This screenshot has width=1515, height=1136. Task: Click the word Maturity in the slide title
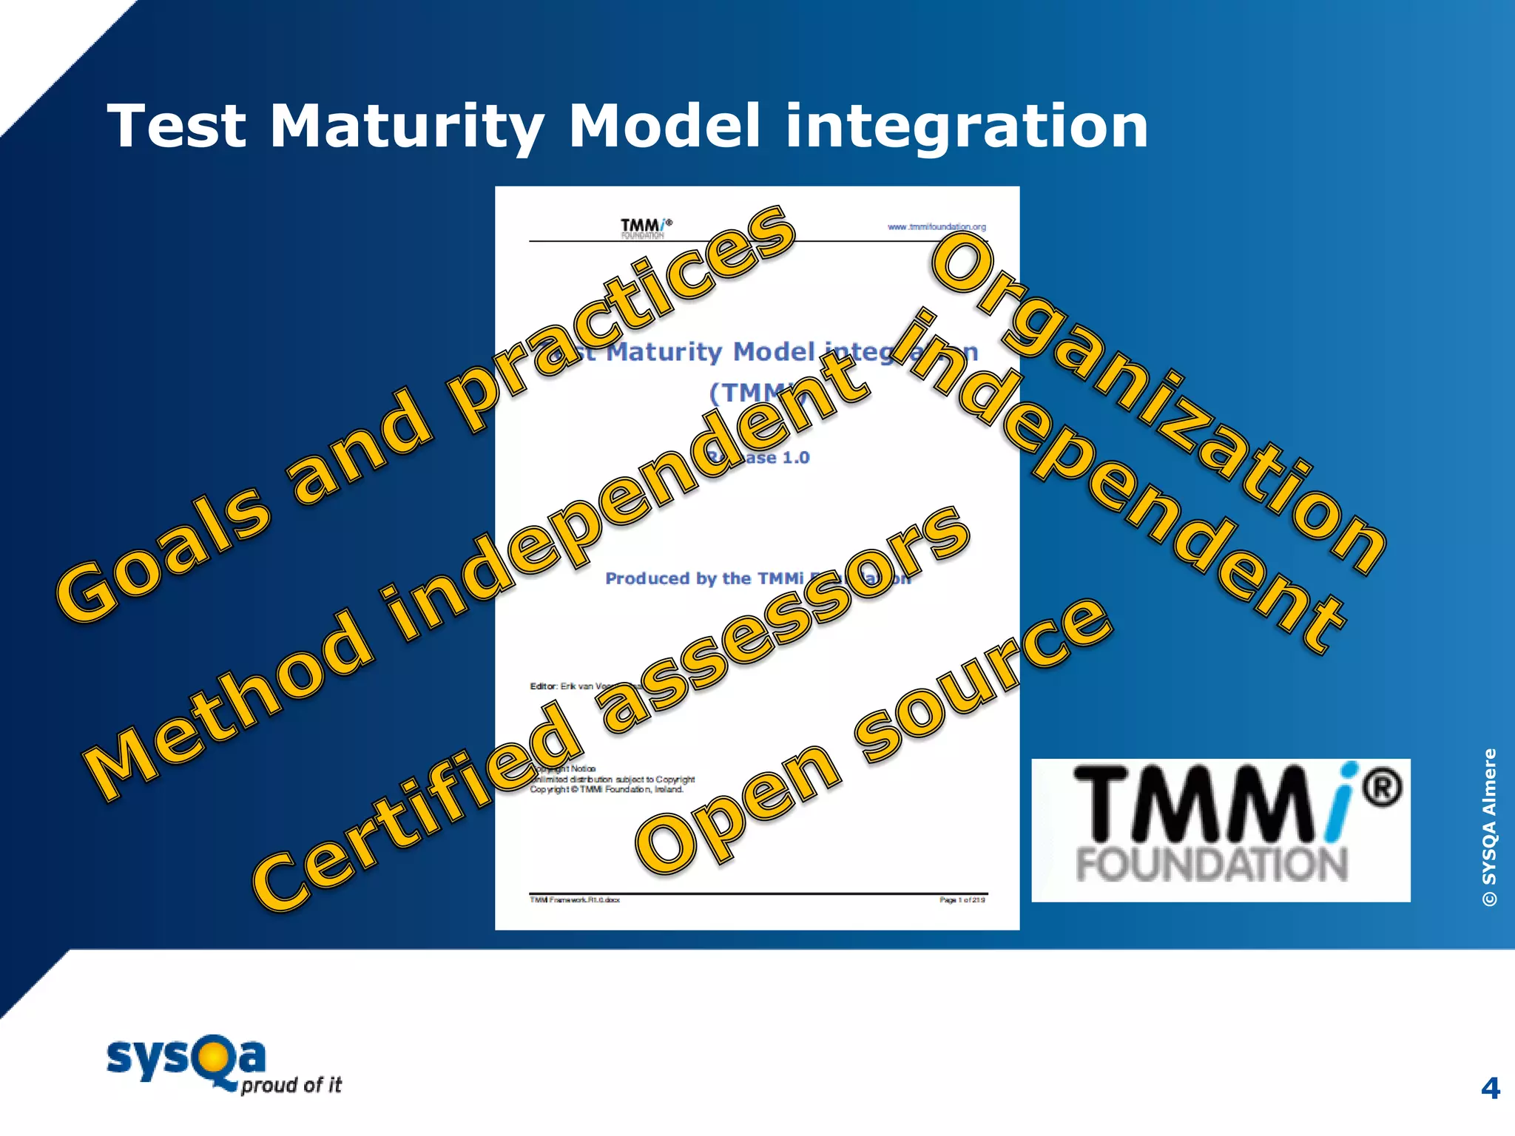coord(407,127)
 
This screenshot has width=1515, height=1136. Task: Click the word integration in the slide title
coord(966,127)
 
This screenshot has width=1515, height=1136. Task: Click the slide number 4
coord(1490,1088)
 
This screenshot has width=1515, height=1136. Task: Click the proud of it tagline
coord(291,1085)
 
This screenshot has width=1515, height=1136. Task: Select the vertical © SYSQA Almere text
coord(1489,827)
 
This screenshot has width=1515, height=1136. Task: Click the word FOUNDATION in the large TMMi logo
coord(1212,865)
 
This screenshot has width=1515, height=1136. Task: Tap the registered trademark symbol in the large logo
coord(1382,787)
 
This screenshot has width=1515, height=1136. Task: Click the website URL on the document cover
coord(937,227)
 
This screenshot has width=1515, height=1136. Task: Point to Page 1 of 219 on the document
coord(962,900)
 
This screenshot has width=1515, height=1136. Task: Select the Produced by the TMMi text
coord(703,578)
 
